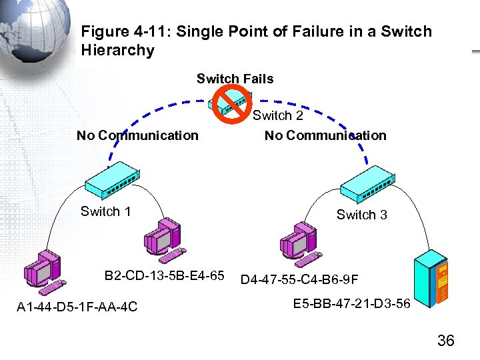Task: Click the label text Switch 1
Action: [x=105, y=211]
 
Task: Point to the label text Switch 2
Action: [x=277, y=115]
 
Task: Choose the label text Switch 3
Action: [x=361, y=215]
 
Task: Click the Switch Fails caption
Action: [x=235, y=79]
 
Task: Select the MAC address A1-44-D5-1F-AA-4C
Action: [x=77, y=306]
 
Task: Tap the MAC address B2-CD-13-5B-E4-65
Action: [x=164, y=275]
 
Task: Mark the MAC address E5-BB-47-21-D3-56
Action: [x=352, y=304]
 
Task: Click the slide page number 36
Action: [x=445, y=341]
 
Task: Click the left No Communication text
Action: [x=137, y=135]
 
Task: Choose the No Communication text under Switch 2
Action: [x=325, y=135]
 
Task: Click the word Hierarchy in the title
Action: [x=117, y=50]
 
